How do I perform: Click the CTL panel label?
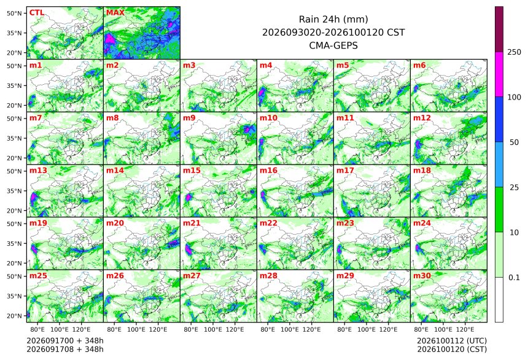coord(37,13)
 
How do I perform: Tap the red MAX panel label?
coord(115,13)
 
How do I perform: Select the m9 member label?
coord(189,118)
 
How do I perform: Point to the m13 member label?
coord(38,171)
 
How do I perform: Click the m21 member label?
coord(192,223)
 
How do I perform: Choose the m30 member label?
coord(422,276)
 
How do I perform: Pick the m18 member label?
coord(422,171)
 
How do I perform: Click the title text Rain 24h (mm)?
coord(333,19)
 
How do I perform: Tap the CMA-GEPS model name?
coord(333,45)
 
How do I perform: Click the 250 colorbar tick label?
coord(514,52)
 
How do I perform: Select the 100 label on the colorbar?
coord(514,98)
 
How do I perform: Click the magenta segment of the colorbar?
coord(499,74)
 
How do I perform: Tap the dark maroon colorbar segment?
coord(499,29)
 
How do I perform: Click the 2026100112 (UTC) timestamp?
coord(452,341)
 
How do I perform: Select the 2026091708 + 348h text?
coord(65,350)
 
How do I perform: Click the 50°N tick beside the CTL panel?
coord(14,13)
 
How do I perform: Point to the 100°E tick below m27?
coord(213,329)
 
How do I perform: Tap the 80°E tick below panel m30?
coord(421,329)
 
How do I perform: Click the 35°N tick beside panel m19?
coord(14,244)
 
